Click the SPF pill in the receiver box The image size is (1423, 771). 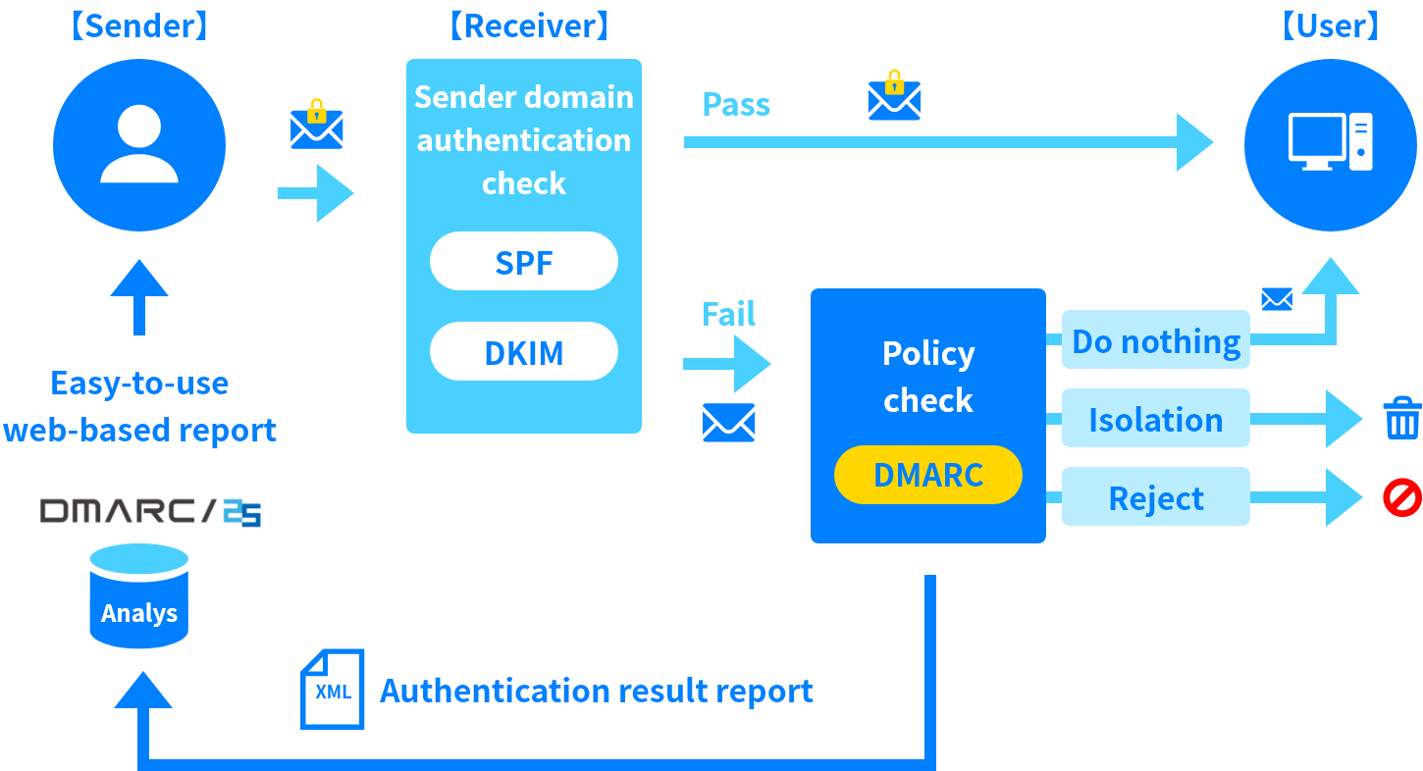coord(524,262)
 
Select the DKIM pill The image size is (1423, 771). coord(524,352)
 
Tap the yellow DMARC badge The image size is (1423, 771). coord(927,476)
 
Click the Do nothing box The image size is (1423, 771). coord(1156,340)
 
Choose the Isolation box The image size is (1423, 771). coord(1156,419)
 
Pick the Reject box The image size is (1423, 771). coord(1156,497)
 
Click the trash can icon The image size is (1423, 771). coord(1402,418)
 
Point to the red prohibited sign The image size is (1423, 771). coord(1402,497)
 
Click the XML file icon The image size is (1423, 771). coord(333,690)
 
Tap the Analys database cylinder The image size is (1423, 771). coord(139,597)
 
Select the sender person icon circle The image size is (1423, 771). coord(139,145)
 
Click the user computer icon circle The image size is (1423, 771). coord(1331,145)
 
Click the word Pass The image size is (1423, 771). coord(736,104)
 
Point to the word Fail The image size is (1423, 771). coord(728,314)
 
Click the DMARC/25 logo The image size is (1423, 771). coord(151,512)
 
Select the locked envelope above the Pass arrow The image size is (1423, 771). coord(894,97)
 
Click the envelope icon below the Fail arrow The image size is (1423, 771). coord(729,423)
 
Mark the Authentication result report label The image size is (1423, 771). coord(597,691)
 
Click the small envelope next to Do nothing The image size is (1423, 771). coord(1277,299)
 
